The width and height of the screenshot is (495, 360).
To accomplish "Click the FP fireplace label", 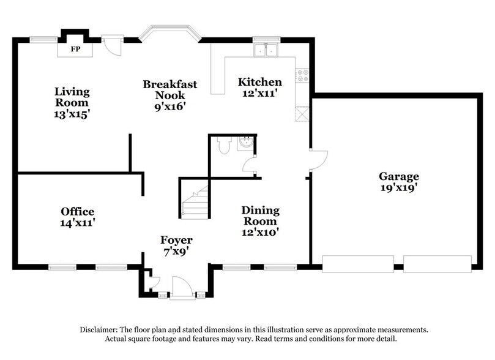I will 75,48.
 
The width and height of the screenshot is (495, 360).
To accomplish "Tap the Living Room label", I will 72,97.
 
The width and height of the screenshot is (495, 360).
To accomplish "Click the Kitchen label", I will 259,82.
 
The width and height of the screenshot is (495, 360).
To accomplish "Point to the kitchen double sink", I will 266,50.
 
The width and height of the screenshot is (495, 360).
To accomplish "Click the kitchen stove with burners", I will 302,75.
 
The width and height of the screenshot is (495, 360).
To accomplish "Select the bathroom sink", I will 246,143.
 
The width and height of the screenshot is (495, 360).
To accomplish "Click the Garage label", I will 398,176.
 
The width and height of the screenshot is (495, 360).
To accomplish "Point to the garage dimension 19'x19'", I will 398,188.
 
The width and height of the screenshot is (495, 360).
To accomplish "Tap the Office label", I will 77,212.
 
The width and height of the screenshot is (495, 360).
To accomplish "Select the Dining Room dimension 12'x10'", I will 260,233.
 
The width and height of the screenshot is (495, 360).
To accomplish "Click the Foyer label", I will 176,239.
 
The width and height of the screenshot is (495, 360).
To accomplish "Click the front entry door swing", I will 182,287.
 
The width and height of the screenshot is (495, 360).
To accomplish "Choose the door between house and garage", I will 318,160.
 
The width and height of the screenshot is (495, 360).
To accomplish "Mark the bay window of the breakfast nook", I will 169,33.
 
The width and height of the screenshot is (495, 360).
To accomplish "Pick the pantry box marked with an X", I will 302,114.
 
